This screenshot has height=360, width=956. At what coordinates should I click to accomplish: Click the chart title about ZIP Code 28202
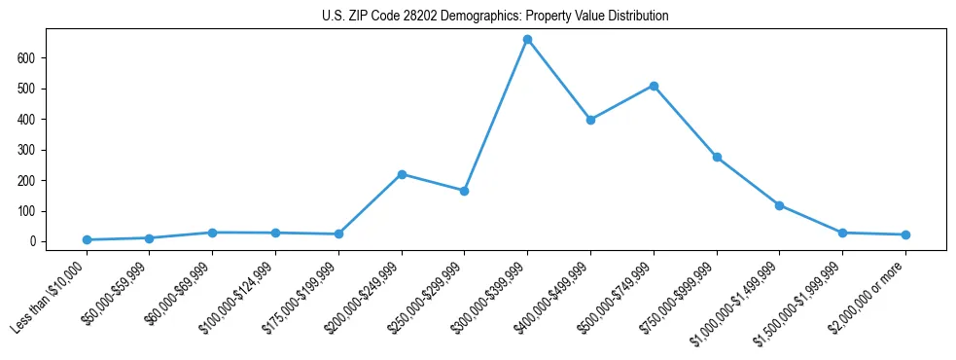[x=495, y=17]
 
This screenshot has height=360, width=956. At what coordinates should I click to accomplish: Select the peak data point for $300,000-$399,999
[x=527, y=40]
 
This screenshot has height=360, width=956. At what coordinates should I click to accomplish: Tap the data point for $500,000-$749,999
[x=654, y=86]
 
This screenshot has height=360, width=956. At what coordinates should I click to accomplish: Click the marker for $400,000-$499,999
[x=590, y=120]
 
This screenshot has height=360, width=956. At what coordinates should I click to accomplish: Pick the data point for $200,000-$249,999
[x=402, y=174]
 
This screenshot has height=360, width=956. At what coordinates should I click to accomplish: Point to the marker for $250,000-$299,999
[x=464, y=191]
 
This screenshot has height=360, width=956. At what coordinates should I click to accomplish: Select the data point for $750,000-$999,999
[x=717, y=157]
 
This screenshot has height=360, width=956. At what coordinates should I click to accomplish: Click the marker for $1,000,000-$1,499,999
[x=779, y=205]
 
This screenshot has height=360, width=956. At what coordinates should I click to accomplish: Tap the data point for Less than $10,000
[x=87, y=239]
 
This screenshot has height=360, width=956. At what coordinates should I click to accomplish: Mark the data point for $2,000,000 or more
[x=905, y=234]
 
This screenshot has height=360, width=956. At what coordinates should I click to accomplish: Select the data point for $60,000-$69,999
[x=212, y=233]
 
